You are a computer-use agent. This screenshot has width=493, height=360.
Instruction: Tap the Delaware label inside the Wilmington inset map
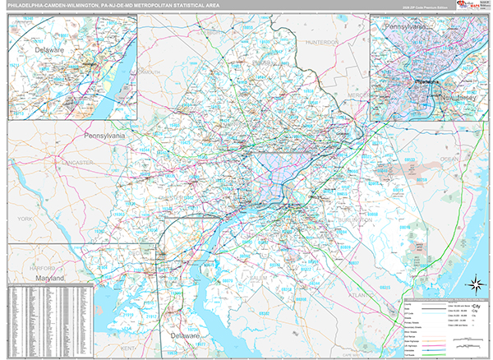point(49,50)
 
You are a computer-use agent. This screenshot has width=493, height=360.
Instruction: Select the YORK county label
point(25,219)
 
